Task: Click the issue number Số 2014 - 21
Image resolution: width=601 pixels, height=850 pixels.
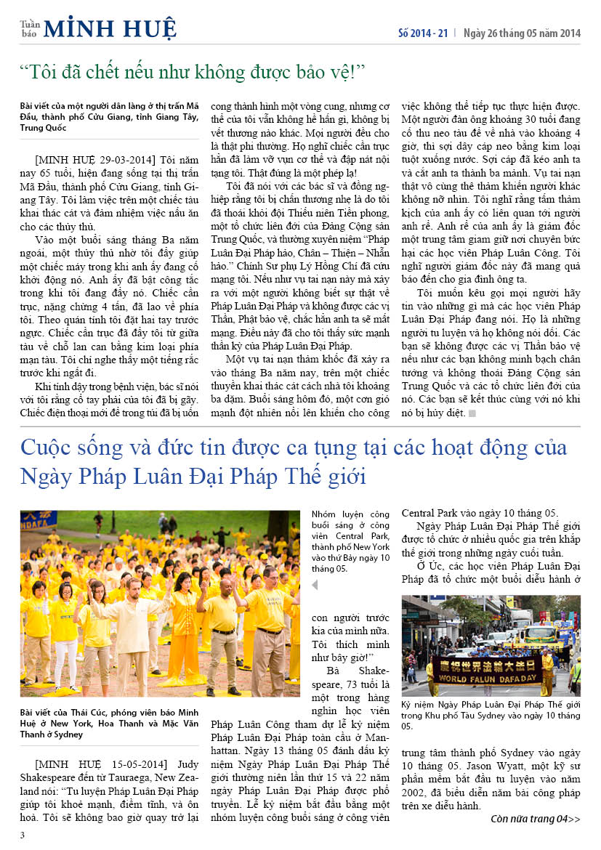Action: (x=423, y=33)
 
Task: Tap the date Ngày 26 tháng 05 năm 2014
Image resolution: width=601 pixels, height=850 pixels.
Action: (x=521, y=33)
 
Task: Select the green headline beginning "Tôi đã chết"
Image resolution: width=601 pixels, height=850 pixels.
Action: (x=193, y=73)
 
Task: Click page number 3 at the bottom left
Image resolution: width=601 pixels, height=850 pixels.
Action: (x=23, y=835)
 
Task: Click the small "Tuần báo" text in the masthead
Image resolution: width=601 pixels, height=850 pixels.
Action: (x=29, y=28)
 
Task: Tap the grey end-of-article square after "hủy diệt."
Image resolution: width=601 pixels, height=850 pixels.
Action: (x=472, y=413)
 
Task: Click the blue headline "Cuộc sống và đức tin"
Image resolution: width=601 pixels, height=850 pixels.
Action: (x=294, y=462)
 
